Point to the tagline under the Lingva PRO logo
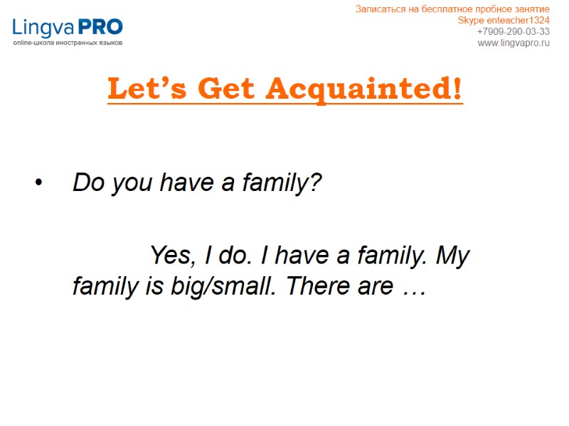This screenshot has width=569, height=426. click(68, 43)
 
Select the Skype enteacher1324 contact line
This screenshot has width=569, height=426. click(504, 20)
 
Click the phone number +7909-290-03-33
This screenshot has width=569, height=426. click(513, 31)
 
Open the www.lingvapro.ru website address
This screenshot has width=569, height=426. click(513, 43)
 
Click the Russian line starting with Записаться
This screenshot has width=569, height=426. click(452, 9)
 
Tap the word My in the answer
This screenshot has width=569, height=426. click(452, 255)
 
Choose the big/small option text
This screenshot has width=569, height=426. click(211, 287)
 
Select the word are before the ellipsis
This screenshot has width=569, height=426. click(374, 288)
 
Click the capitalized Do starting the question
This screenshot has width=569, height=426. click(85, 183)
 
